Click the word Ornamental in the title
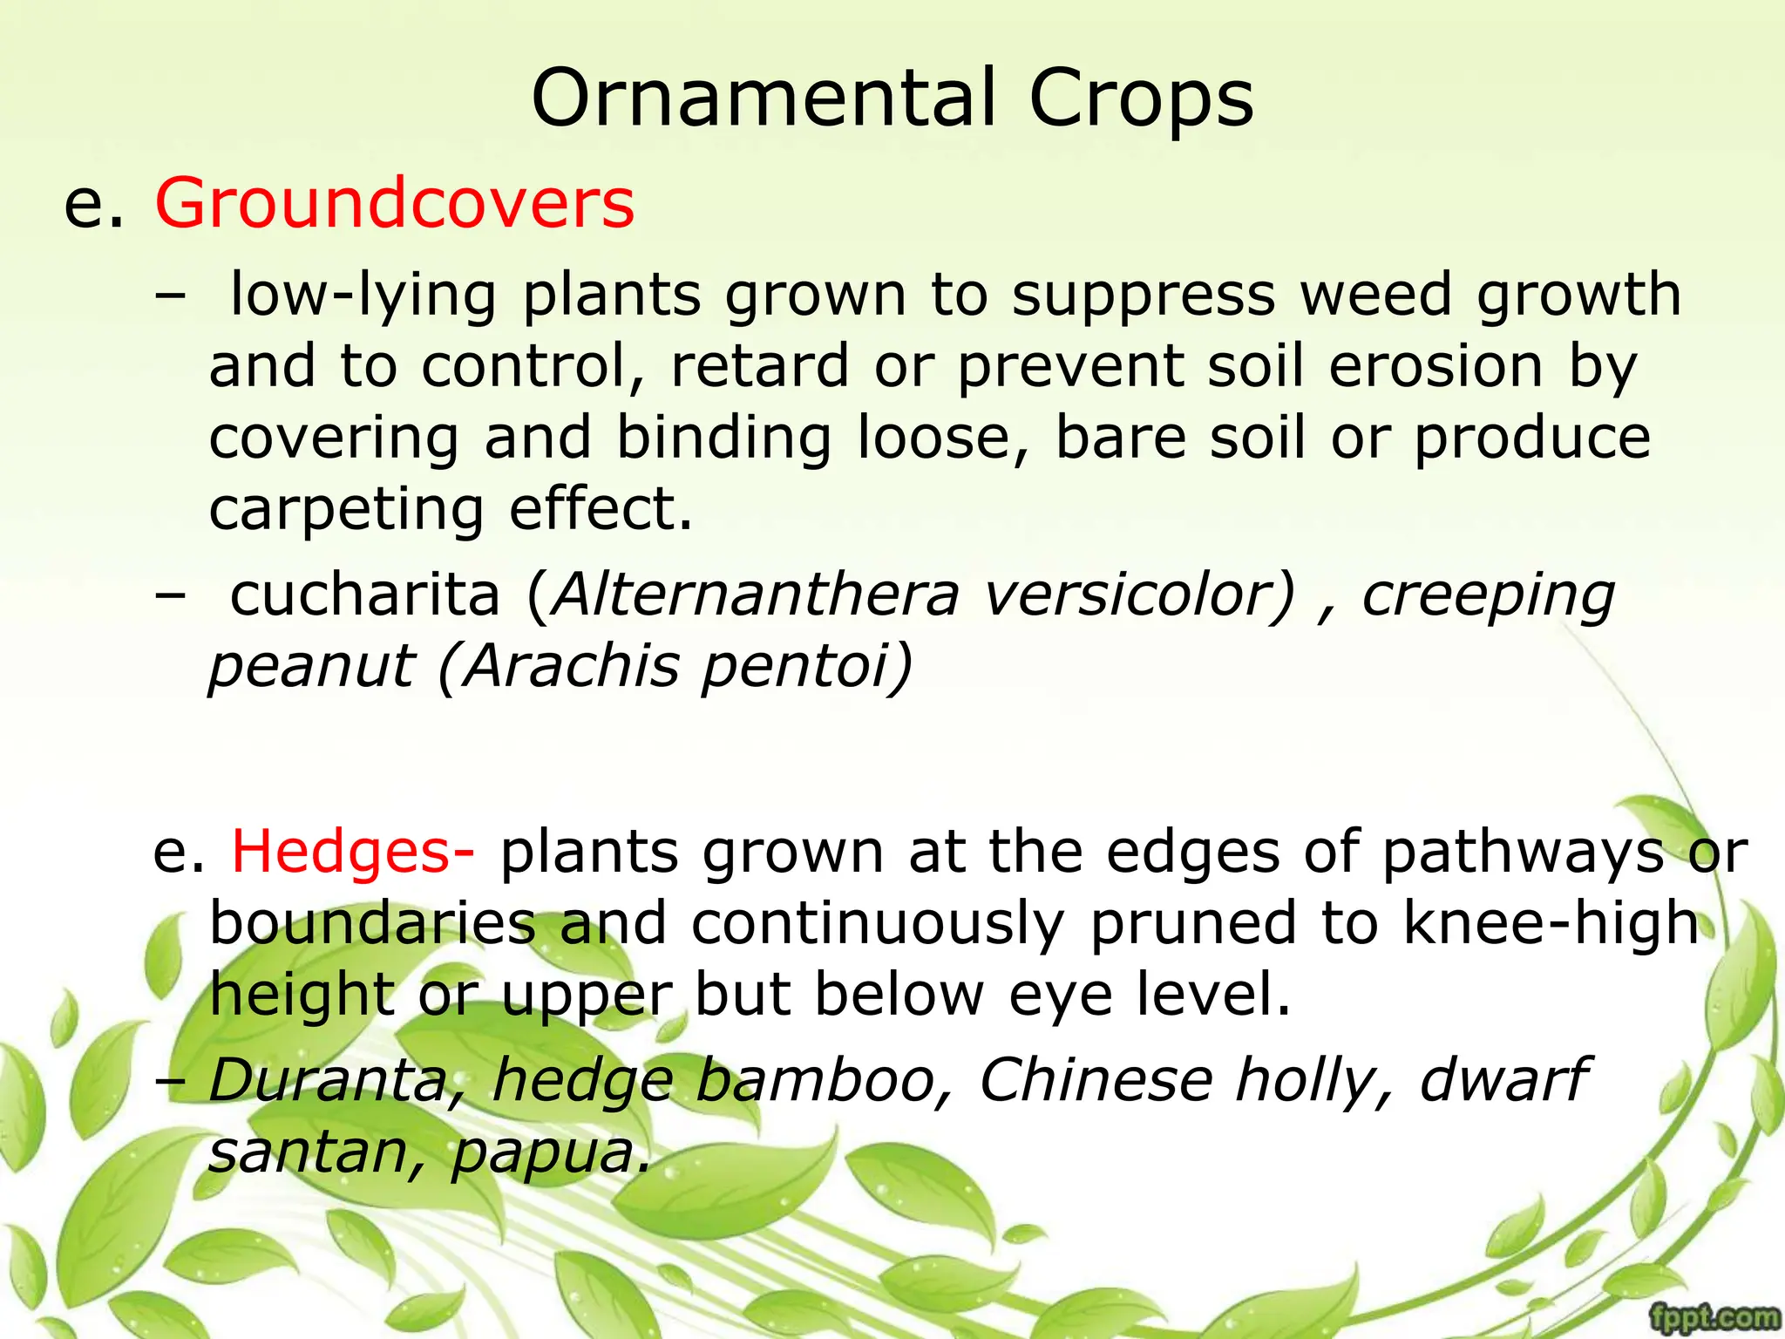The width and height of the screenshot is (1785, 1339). (764, 98)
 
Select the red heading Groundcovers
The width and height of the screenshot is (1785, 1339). (394, 202)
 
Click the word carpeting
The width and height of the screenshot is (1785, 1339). (346, 511)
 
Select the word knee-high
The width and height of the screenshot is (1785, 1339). (1551, 922)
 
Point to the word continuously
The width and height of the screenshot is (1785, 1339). (878, 924)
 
